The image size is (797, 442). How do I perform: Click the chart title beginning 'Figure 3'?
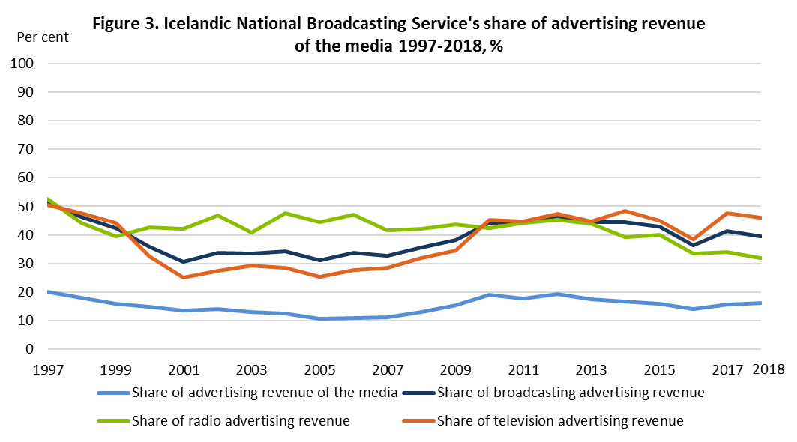[398, 34]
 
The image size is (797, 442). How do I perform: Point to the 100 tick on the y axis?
[23, 64]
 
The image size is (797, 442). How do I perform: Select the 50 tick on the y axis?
[26, 207]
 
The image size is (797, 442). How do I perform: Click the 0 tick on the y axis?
[30, 349]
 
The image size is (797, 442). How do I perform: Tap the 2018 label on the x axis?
[768, 369]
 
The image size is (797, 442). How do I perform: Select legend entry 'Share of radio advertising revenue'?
[240, 420]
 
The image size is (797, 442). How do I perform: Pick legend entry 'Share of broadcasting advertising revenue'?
[570, 391]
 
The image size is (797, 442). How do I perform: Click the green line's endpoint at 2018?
[760, 258]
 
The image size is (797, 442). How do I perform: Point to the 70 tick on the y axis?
[26, 149]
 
